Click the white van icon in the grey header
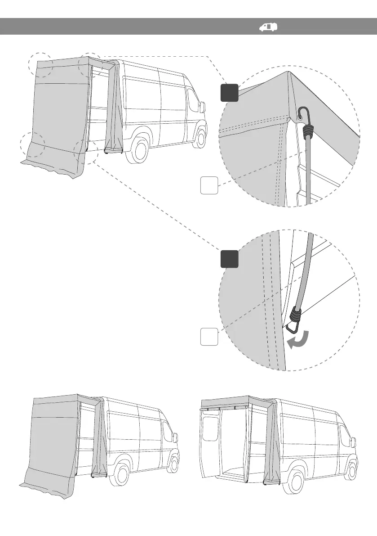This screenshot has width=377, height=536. (268, 27)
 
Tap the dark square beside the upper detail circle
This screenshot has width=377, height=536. (229, 92)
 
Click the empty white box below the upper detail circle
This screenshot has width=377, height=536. (209, 185)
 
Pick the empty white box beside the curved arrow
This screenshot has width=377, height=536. (209, 337)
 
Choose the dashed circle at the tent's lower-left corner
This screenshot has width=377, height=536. (33, 145)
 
